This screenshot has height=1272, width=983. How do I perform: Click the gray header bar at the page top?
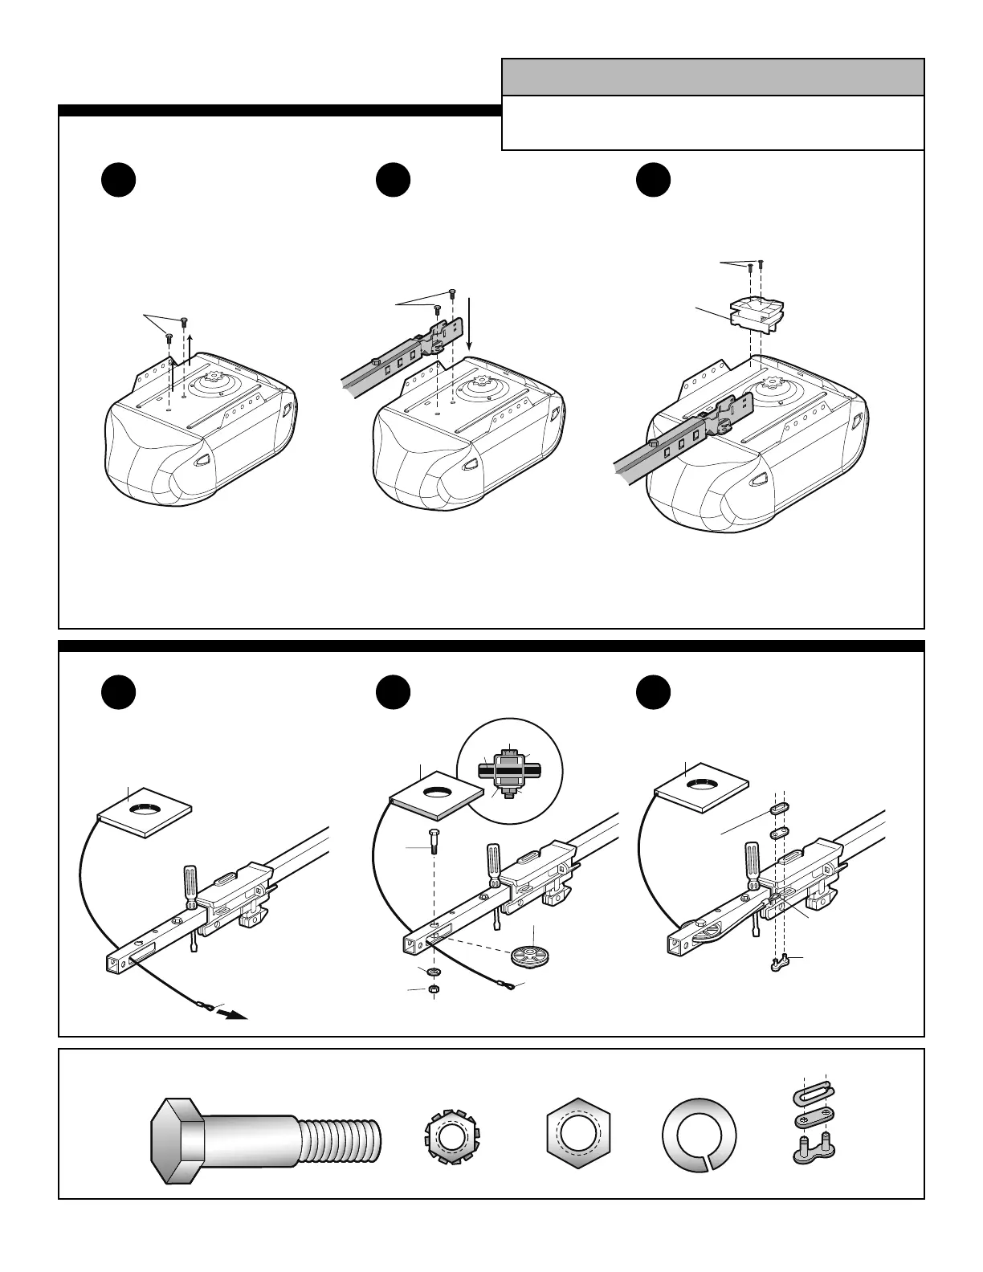(712, 77)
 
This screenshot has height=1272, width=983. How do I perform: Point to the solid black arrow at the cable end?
(234, 1013)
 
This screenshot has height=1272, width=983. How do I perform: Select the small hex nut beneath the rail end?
(434, 989)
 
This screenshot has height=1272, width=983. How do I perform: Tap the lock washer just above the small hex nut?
(434, 972)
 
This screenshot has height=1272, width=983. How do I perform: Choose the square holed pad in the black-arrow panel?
(145, 812)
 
